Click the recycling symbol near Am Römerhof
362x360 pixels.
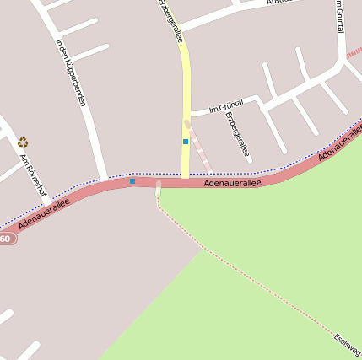click(23, 142)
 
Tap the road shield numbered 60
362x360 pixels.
click(6, 239)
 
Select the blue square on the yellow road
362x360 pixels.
click(186, 142)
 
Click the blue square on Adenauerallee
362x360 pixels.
click(132, 180)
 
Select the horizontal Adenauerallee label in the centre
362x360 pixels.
click(232, 182)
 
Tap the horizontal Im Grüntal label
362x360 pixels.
click(225, 106)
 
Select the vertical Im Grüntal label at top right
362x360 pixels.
click(339, 17)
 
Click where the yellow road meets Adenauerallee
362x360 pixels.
click(185, 179)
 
